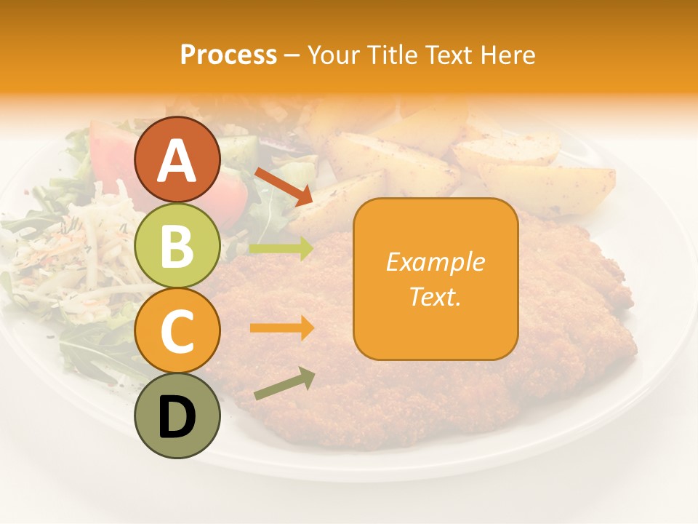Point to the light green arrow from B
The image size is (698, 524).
(x=281, y=249)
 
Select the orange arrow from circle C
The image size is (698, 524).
(x=281, y=328)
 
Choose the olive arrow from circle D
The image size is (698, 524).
(x=284, y=384)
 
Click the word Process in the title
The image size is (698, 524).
(x=228, y=55)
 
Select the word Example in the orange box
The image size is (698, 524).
(x=436, y=262)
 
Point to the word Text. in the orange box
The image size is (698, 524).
(x=436, y=296)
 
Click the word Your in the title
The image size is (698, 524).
(x=334, y=55)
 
